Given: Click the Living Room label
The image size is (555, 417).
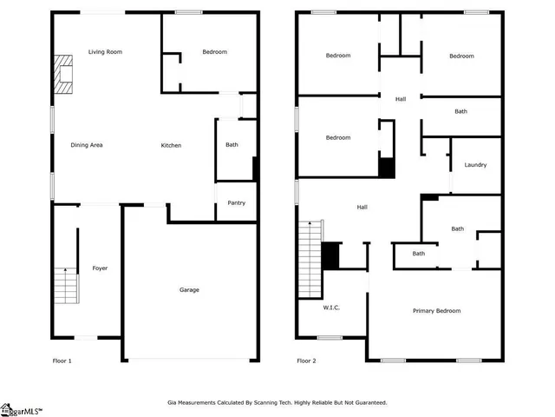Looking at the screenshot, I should pyautogui.click(x=105, y=52).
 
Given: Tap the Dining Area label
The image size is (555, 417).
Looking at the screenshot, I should pyautogui.click(x=87, y=145).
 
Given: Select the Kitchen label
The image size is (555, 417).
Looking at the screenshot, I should pyautogui.click(x=171, y=145).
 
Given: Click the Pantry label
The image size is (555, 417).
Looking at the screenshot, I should pyautogui.click(x=236, y=203).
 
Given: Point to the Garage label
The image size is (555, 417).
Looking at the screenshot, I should pyautogui.click(x=189, y=289).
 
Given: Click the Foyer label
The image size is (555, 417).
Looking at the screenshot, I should pyautogui.click(x=100, y=268).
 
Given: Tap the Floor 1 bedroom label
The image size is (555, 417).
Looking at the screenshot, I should pyautogui.click(x=214, y=52).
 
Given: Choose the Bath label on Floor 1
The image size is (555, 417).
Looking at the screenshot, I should pyautogui.click(x=232, y=145).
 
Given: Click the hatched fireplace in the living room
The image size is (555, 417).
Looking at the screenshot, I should pyautogui.click(x=62, y=75).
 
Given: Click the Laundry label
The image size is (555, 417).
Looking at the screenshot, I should pyautogui.click(x=475, y=165).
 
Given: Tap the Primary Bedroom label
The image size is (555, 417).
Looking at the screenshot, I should pyautogui.click(x=436, y=311).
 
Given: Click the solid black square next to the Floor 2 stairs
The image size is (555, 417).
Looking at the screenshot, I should pyautogui.click(x=330, y=255).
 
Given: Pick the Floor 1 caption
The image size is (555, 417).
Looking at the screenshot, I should pyautogui.click(x=62, y=361).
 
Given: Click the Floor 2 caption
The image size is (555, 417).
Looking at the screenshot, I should pyautogui.click(x=306, y=361).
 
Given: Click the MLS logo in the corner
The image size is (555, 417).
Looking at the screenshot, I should pyautogui.click(x=21, y=410).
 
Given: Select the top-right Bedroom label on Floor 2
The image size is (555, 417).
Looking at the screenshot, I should pyautogui.click(x=461, y=56).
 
